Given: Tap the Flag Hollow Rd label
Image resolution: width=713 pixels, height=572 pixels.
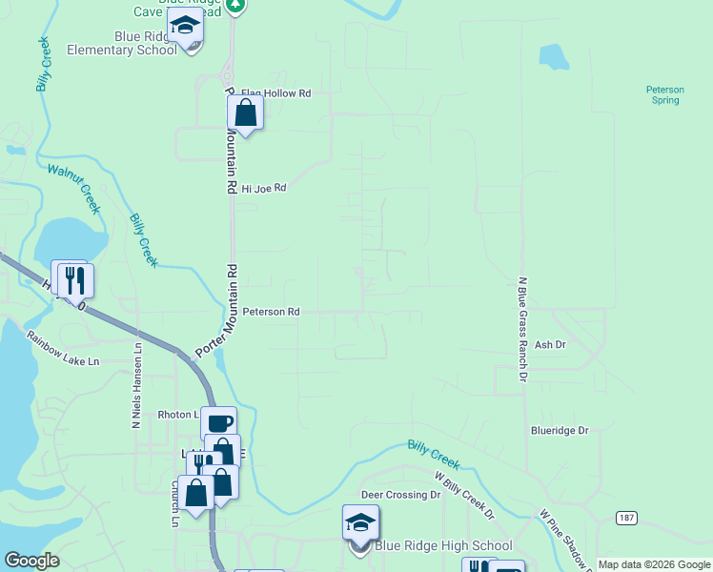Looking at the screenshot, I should [276, 93].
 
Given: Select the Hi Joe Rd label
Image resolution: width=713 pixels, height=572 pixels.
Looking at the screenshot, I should [263, 189].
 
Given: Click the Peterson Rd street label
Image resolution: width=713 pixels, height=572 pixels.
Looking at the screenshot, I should [271, 312].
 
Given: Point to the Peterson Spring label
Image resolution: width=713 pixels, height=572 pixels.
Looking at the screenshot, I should [665, 94].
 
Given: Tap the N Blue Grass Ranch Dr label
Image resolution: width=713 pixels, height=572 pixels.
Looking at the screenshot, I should [522, 330].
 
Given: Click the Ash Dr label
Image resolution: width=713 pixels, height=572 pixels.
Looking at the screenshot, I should [550, 345].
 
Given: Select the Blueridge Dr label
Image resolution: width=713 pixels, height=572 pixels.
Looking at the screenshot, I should [560, 431].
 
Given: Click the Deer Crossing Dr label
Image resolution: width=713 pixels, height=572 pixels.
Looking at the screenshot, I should [400, 496].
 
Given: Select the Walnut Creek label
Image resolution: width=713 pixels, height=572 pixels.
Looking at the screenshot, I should [74, 180].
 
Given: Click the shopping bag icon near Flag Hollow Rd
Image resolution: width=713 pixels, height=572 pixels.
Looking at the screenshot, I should [246, 113].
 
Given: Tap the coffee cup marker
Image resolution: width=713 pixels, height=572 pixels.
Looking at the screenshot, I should [218, 423].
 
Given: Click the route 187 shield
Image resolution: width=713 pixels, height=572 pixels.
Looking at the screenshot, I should [625, 518].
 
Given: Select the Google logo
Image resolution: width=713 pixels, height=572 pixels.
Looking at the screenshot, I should [31, 561].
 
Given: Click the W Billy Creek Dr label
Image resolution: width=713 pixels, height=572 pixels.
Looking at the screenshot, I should [464, 495].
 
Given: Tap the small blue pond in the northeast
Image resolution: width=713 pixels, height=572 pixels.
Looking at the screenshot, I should [554, 56].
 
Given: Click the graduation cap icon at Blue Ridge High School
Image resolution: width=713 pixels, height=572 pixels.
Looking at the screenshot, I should [360, 522].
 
